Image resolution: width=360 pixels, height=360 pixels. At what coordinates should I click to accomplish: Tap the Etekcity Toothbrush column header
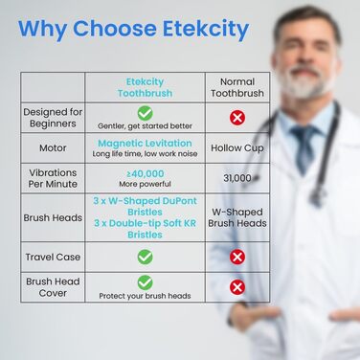(x=145, y=88)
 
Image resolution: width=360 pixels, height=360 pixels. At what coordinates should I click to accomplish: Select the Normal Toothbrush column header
(x=237, y=88)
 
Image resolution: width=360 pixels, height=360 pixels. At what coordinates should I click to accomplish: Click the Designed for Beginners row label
(x=53, y=119)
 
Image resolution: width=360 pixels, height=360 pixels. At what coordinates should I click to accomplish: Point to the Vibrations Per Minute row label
(x=53, y=178)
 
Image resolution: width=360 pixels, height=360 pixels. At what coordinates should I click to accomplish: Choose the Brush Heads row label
(x=53, y=217)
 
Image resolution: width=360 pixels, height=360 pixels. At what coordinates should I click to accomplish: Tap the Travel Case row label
(x=53, y=257)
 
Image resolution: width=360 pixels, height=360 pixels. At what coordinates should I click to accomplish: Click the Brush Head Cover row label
(x=53, y=285)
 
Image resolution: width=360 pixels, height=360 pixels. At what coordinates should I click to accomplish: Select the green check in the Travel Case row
(x=145, y=257)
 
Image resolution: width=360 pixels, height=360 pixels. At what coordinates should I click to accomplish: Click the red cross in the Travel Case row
(x=237, y=257)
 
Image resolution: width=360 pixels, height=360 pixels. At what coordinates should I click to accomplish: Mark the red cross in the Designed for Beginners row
(x=237, y=117)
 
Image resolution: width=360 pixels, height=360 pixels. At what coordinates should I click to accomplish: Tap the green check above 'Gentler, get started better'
(x=145, y=113)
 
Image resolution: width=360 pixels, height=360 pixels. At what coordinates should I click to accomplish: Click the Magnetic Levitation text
(x=145, y=143)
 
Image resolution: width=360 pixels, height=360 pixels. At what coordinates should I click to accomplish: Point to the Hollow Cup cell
(x=237, y=147)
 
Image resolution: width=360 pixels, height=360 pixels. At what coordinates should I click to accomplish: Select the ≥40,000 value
(x=145, y=173)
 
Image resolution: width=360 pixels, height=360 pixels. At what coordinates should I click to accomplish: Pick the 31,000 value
(x=237, y=178)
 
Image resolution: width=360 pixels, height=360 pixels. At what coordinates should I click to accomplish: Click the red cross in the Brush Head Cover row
(x=237, y=286)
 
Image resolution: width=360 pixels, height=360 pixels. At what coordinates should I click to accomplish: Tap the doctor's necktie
(x=304, y=144)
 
